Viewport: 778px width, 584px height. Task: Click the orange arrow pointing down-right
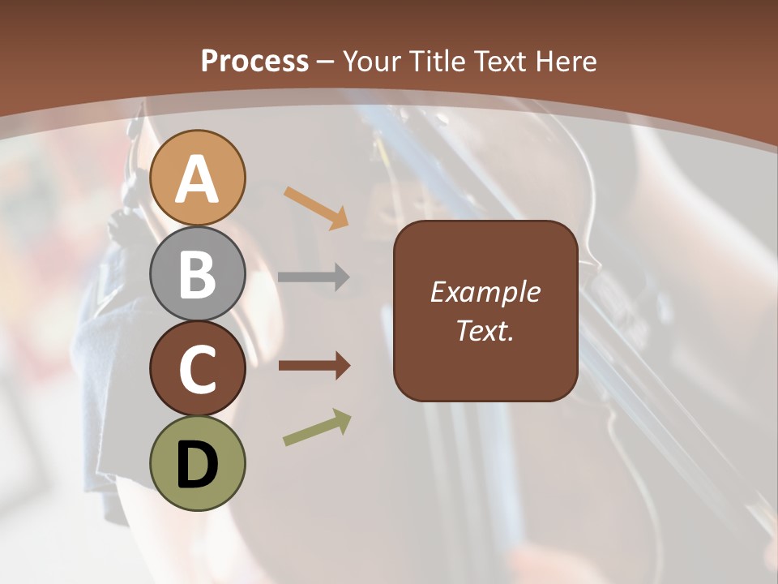click(316, 207)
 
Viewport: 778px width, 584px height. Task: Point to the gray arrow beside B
click(314, 277)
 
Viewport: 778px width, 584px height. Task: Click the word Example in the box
click(485, 292)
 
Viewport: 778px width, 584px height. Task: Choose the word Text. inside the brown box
click(485, 330)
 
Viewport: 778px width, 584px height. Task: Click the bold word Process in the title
click(254, 61)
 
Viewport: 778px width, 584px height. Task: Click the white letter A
click(198, 178)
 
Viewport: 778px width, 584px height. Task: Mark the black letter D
click(198, 465)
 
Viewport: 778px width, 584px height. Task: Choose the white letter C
click(198, 369)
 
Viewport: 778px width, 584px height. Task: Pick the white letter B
click(198, 273)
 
